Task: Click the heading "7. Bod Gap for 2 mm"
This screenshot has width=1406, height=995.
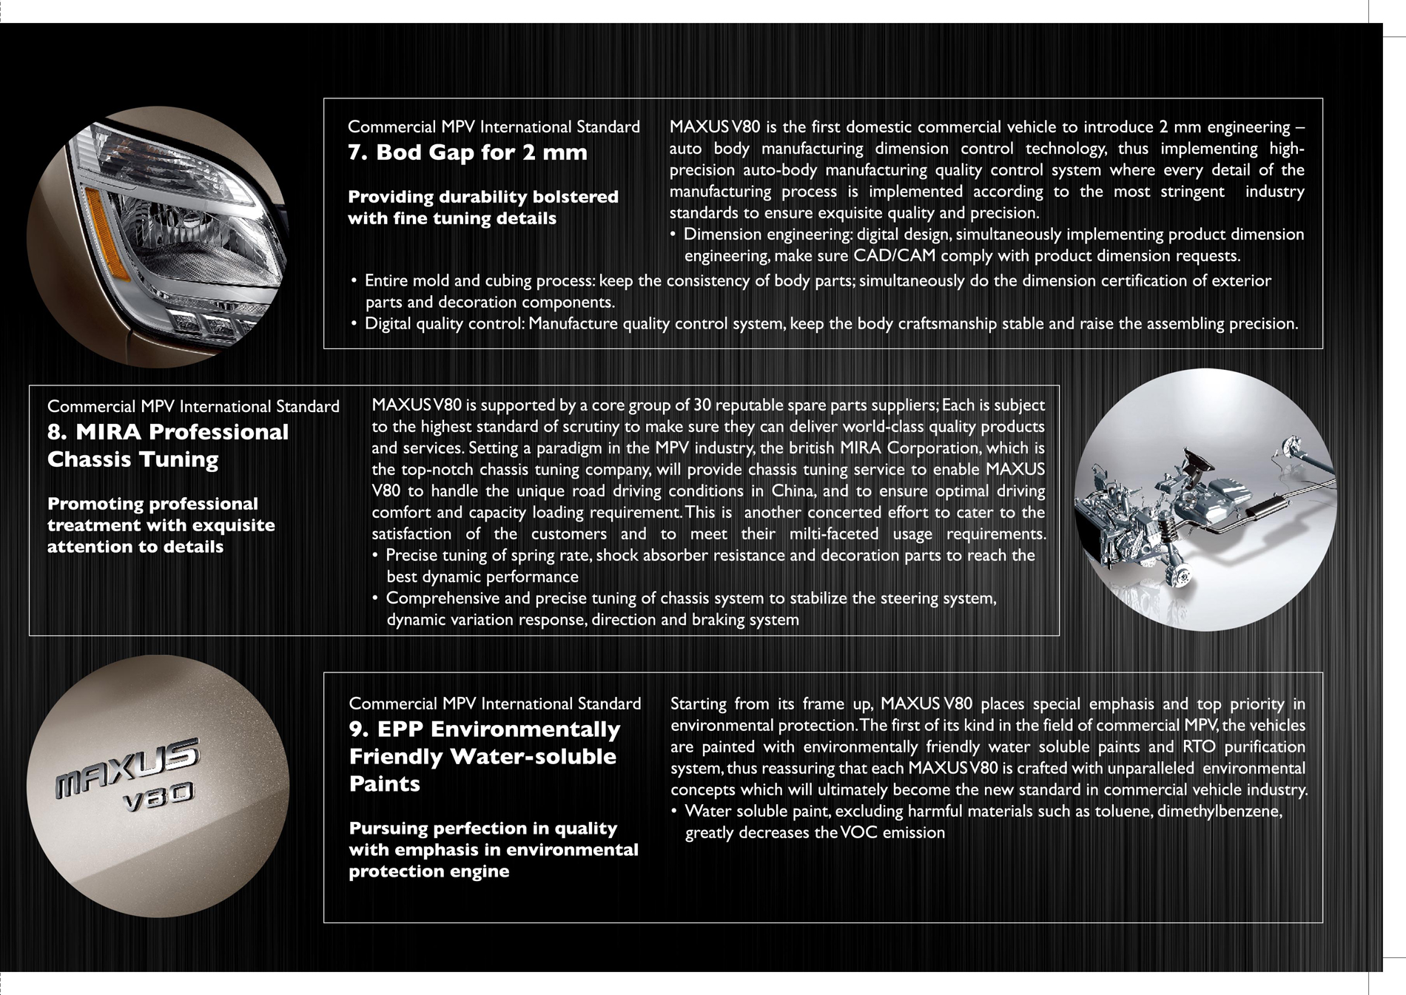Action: click(467, 152)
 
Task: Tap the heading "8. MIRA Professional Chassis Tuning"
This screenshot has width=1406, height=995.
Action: click(168, 445)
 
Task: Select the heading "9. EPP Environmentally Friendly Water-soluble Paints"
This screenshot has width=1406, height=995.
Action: click(485, 756)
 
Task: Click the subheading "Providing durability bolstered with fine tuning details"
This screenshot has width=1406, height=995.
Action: click(482, 207)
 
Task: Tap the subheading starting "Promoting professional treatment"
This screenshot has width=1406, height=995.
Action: click(161, 525)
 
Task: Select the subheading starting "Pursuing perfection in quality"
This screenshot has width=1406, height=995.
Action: click(493, 849)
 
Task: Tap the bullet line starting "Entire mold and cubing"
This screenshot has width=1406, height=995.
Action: click(817, 281)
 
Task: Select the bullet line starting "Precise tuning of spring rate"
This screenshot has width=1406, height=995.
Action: click(710, 556)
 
